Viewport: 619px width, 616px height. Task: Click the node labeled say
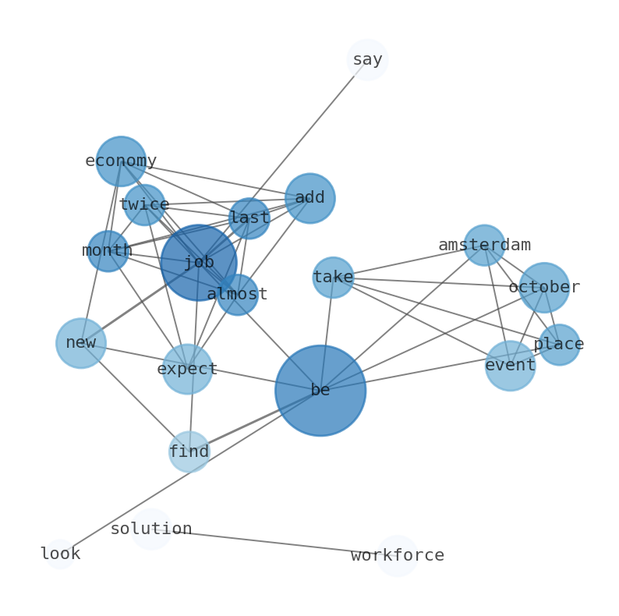coord(367,60)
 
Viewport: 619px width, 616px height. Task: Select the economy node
coord(121,161)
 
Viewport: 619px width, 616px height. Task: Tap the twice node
coord(144,205)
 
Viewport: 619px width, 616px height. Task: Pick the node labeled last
coord(249,218)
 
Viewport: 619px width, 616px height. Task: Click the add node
coord(310,198)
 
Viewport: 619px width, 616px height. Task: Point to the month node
coord(108,251)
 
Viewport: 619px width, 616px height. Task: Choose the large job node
coord(199,263)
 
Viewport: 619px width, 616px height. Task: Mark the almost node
coord(237,295)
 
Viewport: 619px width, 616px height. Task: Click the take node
coord(333,278)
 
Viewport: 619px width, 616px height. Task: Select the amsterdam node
coord(484,246)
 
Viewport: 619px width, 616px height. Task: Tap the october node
coord(544,288)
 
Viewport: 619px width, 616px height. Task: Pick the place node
coord(559,345)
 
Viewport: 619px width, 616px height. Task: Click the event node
coord(511,366)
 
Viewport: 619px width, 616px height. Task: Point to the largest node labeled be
coord(320,391)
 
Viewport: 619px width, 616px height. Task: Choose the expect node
coord(187,369)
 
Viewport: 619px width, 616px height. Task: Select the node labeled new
coord(81,343)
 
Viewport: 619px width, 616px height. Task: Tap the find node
coord(189,451)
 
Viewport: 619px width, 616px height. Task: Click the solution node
coord(151,529)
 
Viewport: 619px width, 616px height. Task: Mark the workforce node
coord(398,556)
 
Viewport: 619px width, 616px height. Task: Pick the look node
coord(60,554)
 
